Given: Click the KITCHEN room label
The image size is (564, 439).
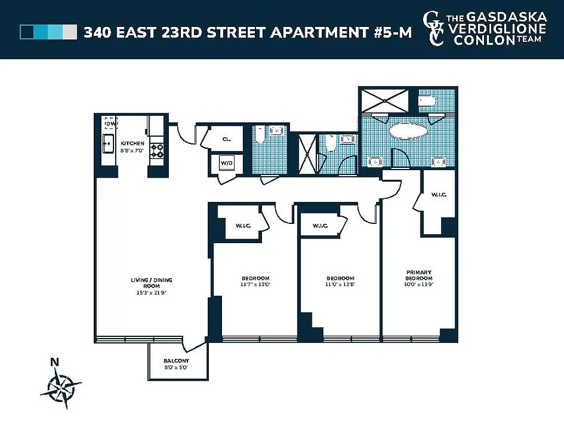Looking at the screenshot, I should click(132, 143).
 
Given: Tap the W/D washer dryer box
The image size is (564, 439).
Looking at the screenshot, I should click(226, 163).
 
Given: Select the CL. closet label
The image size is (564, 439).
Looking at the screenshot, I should click(226, 139).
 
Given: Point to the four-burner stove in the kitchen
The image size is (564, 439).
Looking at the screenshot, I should click(157, 151).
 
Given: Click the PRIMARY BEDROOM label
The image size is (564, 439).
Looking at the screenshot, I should click(419, 275).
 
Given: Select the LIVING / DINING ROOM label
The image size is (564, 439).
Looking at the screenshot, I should click(151, 283).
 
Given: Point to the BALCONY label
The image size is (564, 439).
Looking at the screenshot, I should click(176, 361).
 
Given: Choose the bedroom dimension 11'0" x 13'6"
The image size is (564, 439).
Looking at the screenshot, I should click(340, 285).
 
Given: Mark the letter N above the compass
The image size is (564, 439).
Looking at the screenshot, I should click(54, 362).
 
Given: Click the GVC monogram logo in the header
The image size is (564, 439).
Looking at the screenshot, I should click(434, 29).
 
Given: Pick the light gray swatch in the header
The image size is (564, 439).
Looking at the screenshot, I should click(70, 32).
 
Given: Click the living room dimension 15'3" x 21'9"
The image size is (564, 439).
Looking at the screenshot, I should click(151, 292).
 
